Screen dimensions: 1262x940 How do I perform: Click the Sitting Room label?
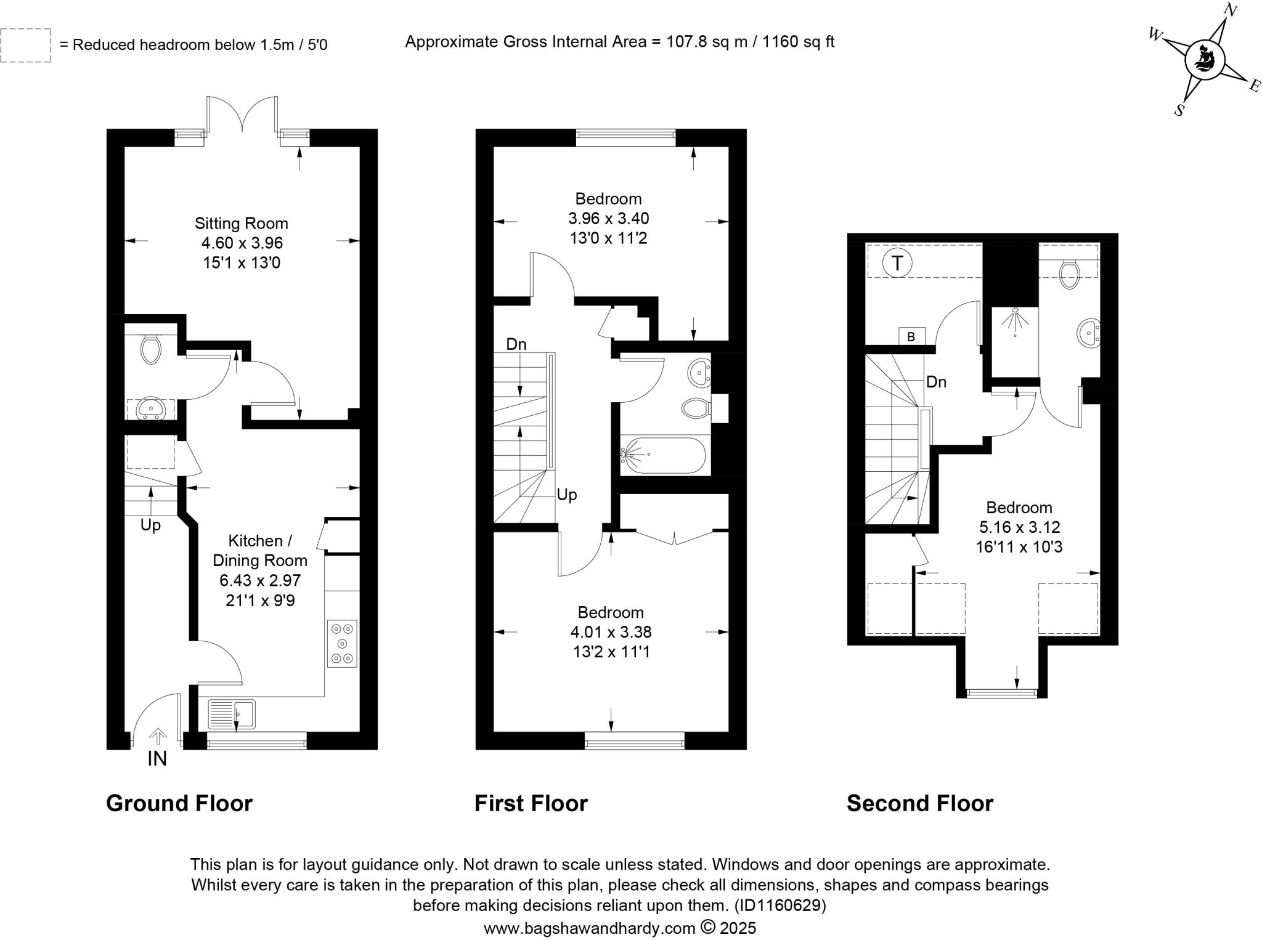pyautogui.click(x=241, y=224)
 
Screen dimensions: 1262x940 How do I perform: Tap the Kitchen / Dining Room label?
pyautogui.click(x=259, y=551)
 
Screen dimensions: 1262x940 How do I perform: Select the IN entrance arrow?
pyautogui.click(x=158, y=737)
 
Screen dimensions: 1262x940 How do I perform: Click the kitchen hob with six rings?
pyautogui.click(x=342, y=644)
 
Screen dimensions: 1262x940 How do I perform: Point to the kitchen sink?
pyautogui.click(x=232, y=715)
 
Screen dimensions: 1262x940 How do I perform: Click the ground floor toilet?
pyautogui.click(x=151, y=349)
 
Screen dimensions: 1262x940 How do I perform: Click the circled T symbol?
pyautogui.click(x=897, y=264)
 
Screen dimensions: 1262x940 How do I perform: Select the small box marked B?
pyautogui.click(x=911, y=336)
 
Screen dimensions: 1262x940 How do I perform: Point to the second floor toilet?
pyautogui.click(x=1069, y=273)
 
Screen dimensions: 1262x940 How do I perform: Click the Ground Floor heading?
pyautogui.click(x=179, y=804)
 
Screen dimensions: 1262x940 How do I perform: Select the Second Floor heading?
pyautogui.click(x=919, y=804)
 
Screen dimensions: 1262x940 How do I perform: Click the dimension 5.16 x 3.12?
pyautogui.click(x=1019, y=527)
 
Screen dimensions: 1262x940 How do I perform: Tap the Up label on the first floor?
pyautogui.click(x=567, y=495)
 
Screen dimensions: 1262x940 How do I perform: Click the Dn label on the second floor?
pyautogui.click(x=936, y=382)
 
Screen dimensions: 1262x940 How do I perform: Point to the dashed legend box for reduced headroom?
pyautogui.click(x=25, y=45)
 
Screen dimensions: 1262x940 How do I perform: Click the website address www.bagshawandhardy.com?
pyautogui.click(x=589, y=928)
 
